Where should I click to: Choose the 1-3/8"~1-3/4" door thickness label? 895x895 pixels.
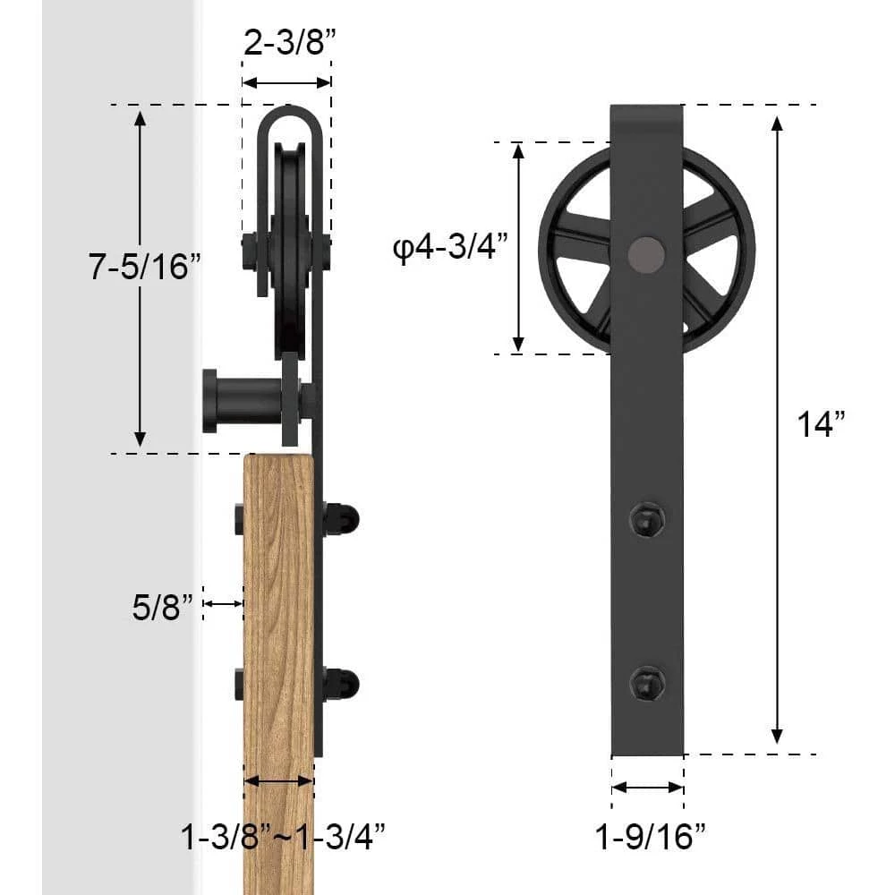point(284,838)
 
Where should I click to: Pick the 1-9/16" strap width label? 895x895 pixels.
point(651,838)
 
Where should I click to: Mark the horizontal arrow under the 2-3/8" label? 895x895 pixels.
point(286,82)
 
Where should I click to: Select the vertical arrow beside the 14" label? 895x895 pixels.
point(778,430)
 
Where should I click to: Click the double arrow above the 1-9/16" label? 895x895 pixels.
point(648,788)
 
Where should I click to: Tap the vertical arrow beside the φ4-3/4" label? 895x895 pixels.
point(518,248)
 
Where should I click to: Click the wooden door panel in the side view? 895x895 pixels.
point(279,626)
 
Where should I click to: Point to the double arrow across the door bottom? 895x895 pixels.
point(279,781)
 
